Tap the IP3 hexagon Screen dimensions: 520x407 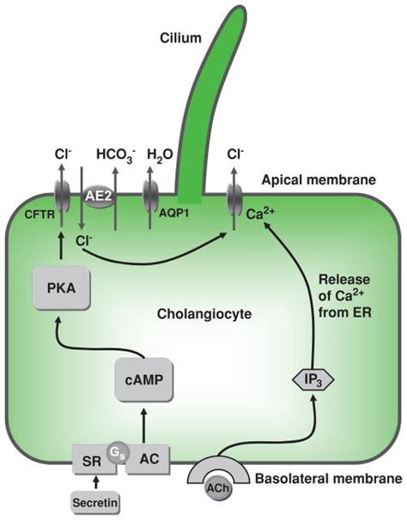[x=313, y=378]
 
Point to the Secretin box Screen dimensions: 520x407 [x=96, y=501]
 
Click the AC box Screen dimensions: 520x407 [x=147, y=462]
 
